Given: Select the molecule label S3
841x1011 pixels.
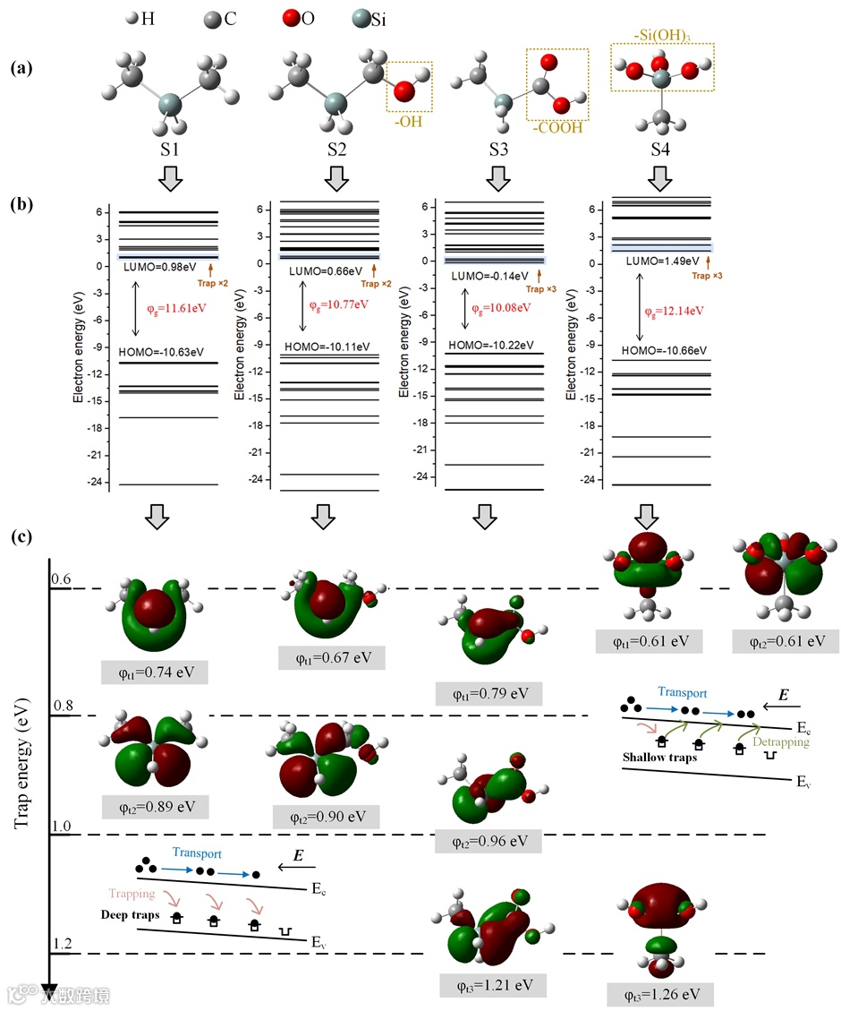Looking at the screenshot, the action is pos(498,150).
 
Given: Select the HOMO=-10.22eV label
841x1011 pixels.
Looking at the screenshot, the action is pos(491,345).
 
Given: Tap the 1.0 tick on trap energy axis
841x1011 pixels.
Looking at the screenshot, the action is pos(62,826).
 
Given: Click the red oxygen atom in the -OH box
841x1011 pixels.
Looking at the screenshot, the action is pos(404,90).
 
